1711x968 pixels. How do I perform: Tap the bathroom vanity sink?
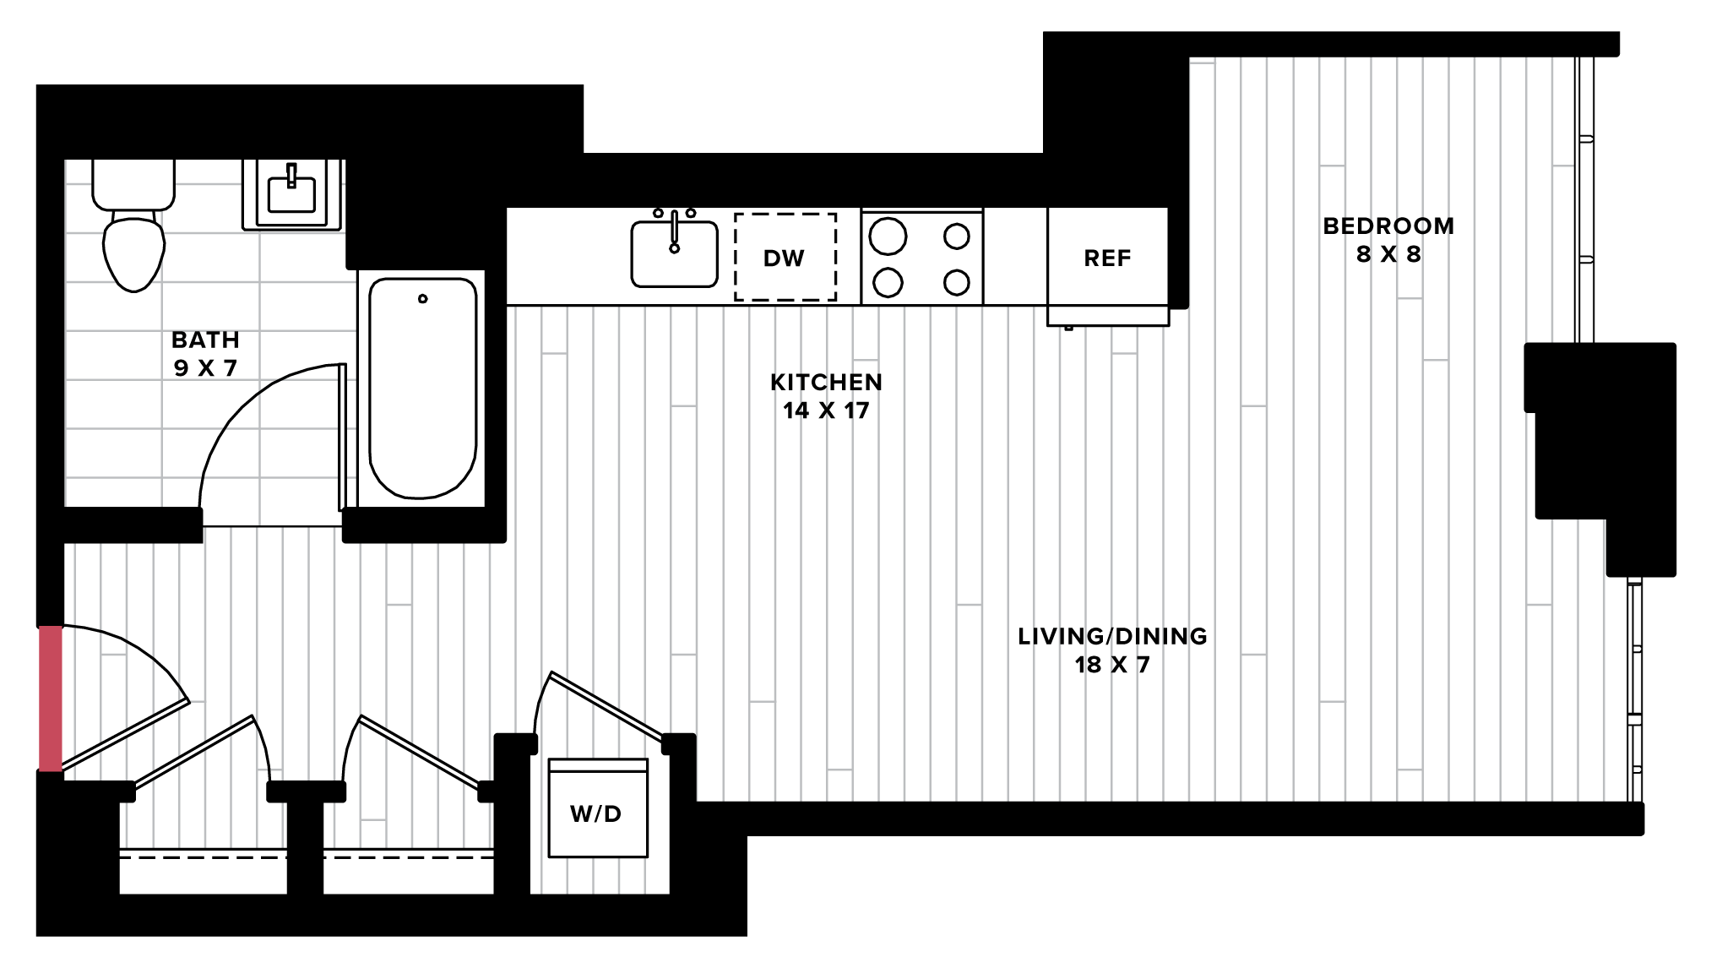coord(291,194)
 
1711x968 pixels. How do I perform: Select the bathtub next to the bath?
coord(422,388)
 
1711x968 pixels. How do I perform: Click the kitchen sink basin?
coord(675,254)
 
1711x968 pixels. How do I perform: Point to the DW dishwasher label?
coord(784,258)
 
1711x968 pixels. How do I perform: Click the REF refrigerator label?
coord(1107,258)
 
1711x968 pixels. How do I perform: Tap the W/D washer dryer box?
coord(598,808)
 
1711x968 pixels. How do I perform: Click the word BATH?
coord(205,340)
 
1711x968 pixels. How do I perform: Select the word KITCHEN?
coord(826,382)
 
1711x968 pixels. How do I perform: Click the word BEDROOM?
coord(1388,226)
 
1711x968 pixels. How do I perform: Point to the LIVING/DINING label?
coord(1112,636)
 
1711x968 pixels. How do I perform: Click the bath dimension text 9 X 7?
coord(205,368)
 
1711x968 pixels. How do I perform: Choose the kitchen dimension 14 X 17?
coord(826,411)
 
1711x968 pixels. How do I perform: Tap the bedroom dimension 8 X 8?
coord(1388,254)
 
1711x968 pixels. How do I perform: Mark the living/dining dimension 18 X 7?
coord(1112,665)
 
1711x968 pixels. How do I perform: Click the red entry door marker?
coord(51,699)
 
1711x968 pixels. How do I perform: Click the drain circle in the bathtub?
coord(423,298)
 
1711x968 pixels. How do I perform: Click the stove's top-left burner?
coord(888,237)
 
